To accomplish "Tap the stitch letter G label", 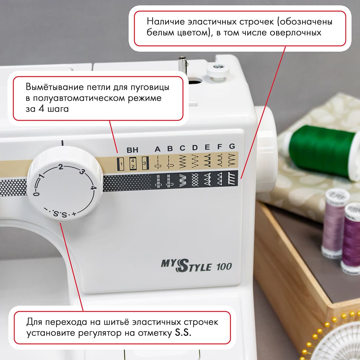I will pos(232,146).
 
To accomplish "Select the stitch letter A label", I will pos(158,149).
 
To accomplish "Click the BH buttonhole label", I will pos(133,150).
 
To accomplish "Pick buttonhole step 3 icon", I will pos(145,163).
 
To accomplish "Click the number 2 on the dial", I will pos(61,167).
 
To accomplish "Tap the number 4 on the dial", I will pos(93,188).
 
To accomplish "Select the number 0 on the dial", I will pos(36,194).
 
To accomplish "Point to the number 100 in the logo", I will pos(224,267).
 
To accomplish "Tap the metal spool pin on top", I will pos(182,63).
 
